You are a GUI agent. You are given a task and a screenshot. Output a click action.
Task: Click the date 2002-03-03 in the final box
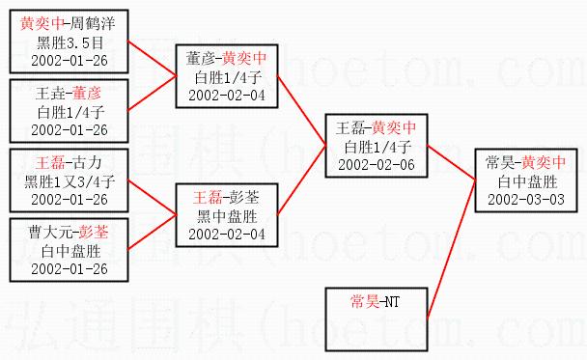(x=526, y=200)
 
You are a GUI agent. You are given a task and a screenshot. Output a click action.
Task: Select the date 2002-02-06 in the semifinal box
(x=377, y=165)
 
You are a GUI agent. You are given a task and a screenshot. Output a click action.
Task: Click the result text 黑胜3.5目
(x=70, y=42)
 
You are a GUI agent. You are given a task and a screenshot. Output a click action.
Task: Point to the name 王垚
(x=50, y=94)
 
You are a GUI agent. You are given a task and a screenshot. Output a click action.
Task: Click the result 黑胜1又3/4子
(x=70, y=181)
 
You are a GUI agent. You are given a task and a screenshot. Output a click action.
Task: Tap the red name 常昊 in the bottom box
(x=365, y=301)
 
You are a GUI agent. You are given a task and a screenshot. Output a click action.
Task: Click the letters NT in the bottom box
(x=392, y=302)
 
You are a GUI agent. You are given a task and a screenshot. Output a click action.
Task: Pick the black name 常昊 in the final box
(x=500, y=162)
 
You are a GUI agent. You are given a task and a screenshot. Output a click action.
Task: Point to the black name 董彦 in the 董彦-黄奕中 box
(x=201, y=58)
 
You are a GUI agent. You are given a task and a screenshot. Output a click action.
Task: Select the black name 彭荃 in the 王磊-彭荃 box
(x=244, y=198)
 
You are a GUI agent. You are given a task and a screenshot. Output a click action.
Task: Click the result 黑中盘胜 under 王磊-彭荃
(x=227, y=216)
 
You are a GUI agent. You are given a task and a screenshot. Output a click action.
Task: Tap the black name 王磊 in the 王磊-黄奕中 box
(x=350, y=128)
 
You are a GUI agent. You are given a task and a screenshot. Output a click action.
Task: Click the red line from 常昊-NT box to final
(x=452, y=249)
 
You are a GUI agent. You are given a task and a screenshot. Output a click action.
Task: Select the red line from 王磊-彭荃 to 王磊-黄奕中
(x=301, y=180)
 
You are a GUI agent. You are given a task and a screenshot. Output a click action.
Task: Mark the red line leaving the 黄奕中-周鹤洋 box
(x=152, y=58)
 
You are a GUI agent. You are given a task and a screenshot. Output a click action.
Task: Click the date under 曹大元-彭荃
(x=70, y=269)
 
